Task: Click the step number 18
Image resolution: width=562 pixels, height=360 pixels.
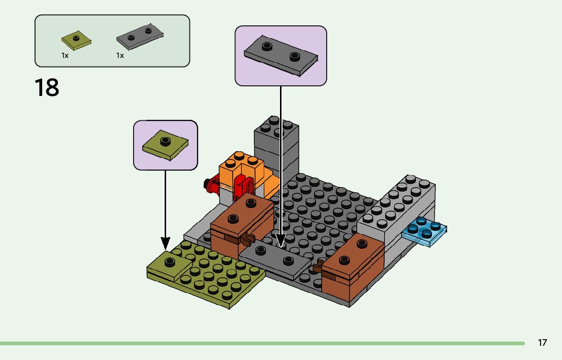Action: (x=47, y=88)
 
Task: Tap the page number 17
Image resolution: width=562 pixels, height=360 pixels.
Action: (x=542, y=342)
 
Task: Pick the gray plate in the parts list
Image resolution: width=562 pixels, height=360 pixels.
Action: (x=140, y=37)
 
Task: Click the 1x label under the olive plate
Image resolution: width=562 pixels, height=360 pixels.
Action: (x=65, y=55)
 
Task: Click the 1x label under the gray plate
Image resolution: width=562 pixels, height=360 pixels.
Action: (x=120, y=55)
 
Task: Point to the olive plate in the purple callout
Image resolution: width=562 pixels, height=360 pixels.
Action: (x=165, y=145)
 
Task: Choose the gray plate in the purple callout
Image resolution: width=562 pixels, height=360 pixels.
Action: (x=280, y=55)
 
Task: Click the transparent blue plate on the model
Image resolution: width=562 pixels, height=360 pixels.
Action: (x=424, y=232)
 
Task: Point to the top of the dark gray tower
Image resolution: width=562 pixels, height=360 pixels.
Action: (x=276, y=126)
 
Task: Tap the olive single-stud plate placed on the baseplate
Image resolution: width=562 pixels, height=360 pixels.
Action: (x=169, y=266)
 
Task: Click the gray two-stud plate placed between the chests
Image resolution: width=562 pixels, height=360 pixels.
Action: (x=274, y=259)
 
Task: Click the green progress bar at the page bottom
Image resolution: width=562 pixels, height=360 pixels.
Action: (x=262, y=344)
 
